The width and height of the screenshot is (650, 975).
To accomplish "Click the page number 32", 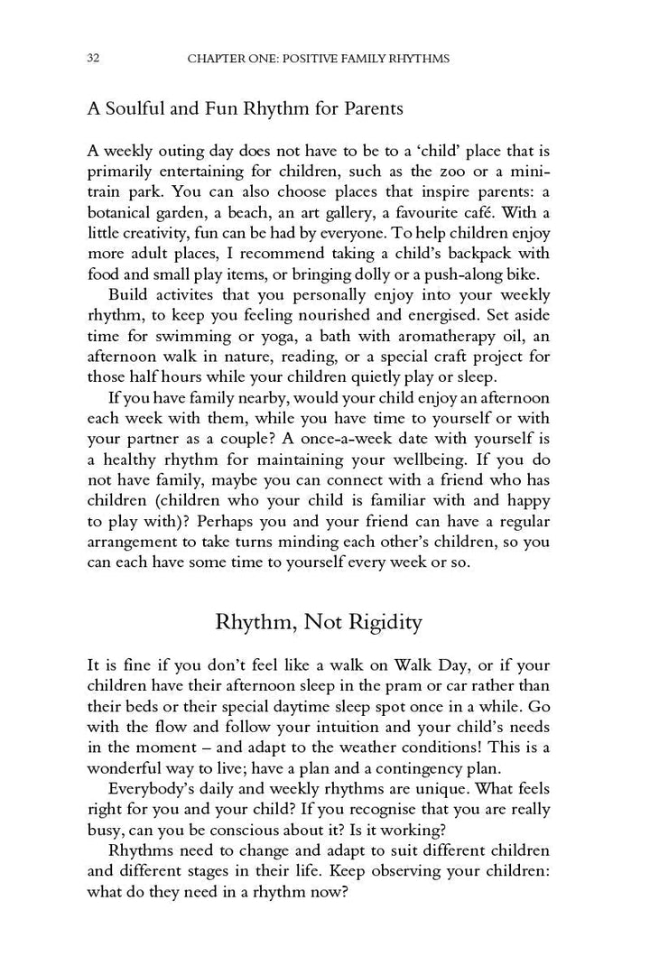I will pyautogui.click(x=93, y=59).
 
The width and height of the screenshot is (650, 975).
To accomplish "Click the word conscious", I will pyautogui.click(x=256, y=830).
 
